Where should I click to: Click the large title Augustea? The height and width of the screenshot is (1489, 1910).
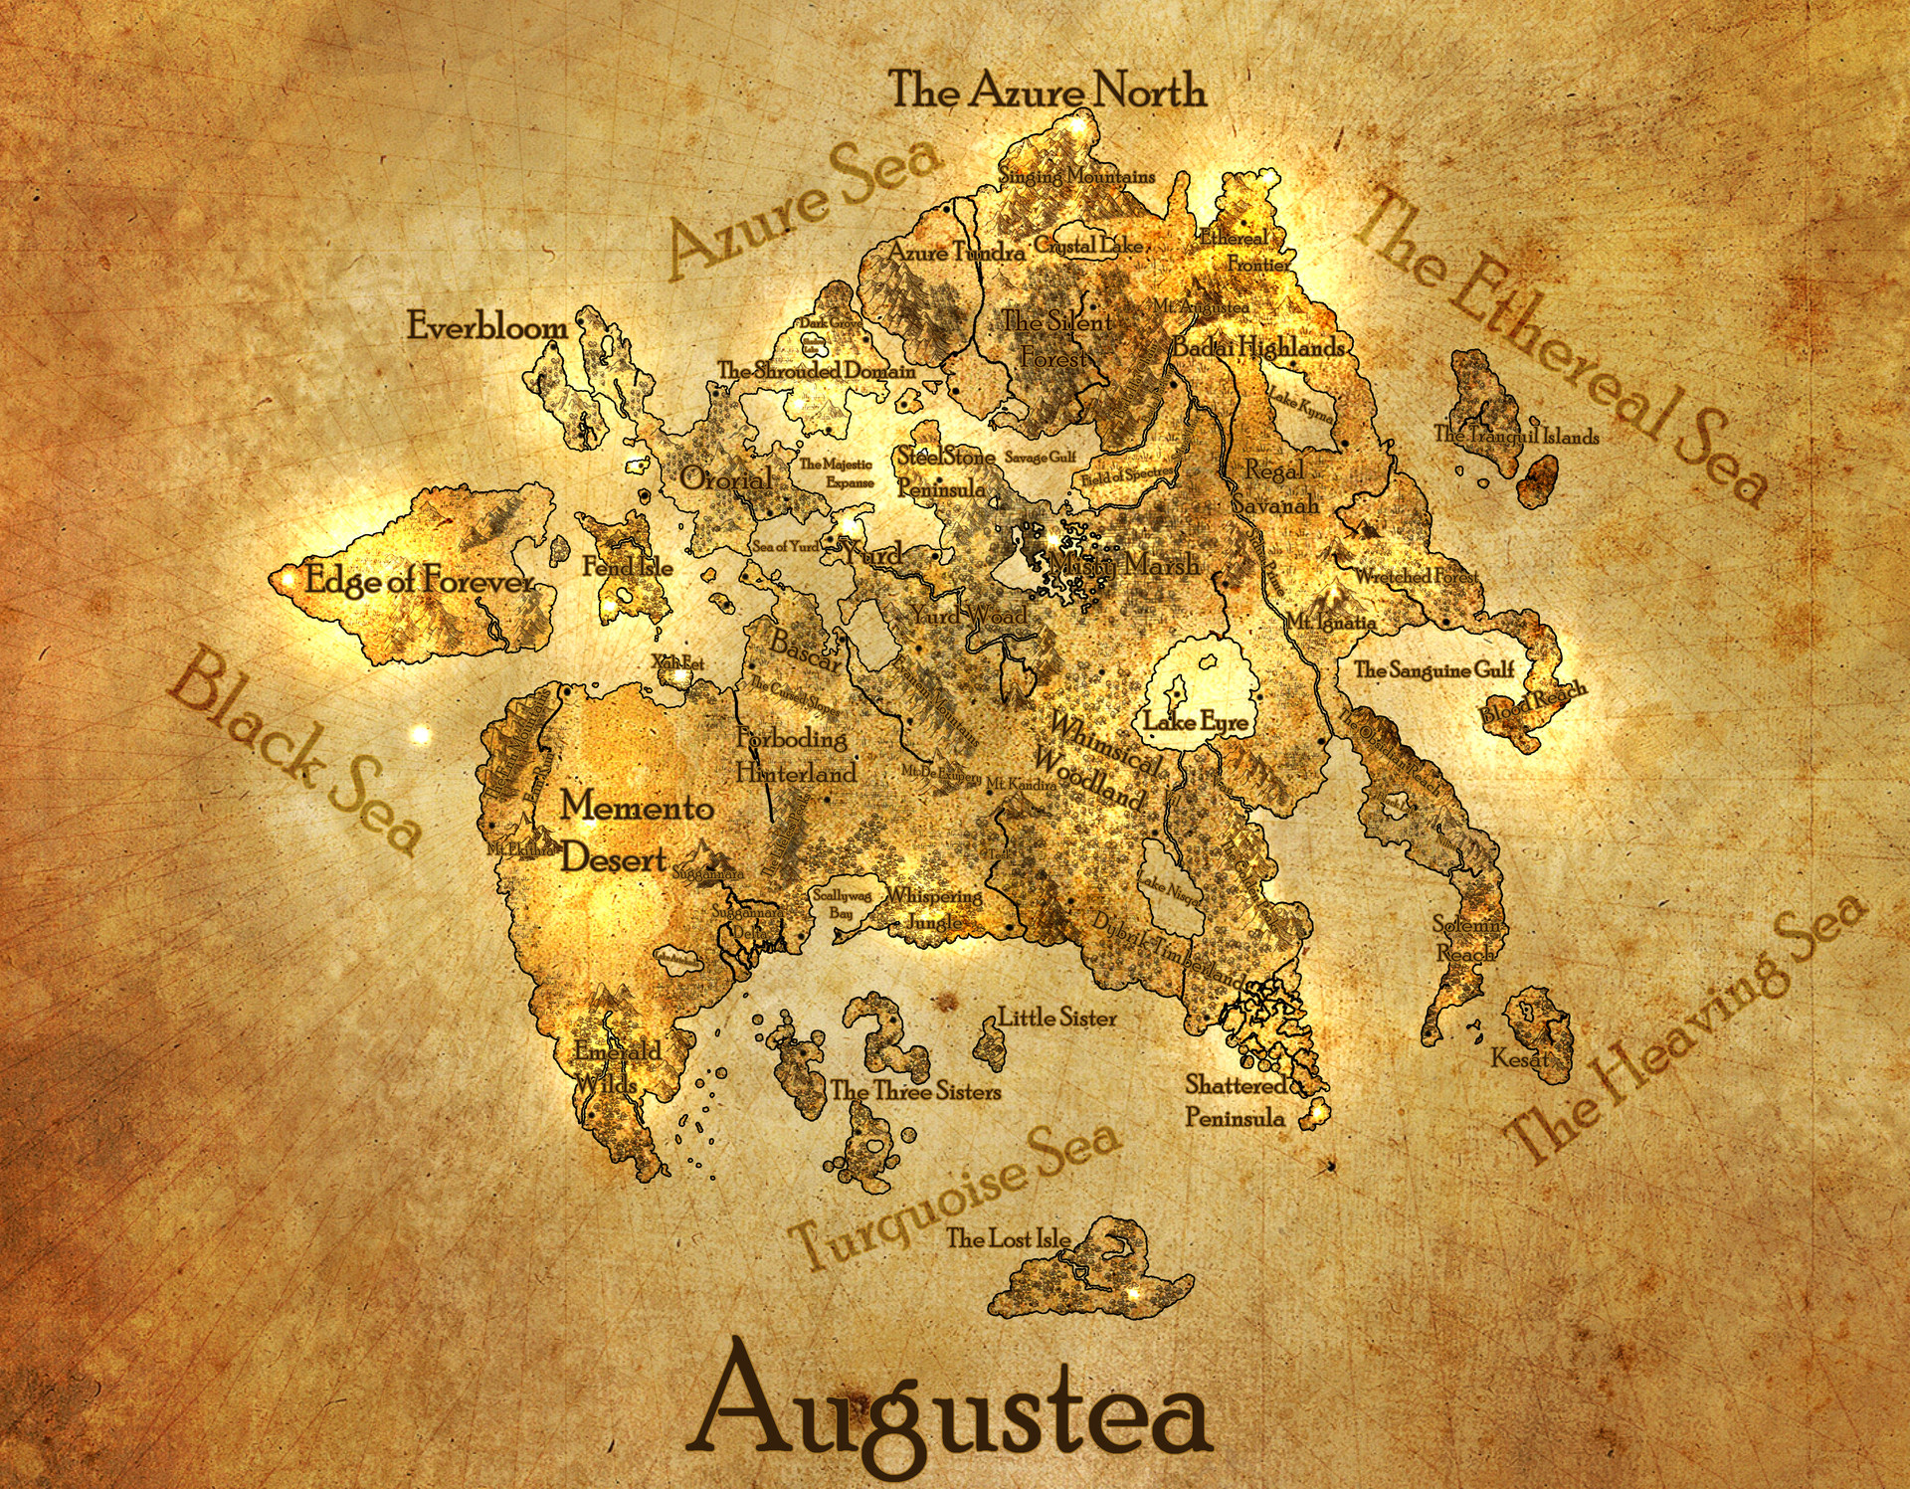pos(950,1412)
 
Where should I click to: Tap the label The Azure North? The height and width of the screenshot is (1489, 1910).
pos(1047,91)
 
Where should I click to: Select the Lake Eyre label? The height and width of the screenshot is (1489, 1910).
pos(1196,721)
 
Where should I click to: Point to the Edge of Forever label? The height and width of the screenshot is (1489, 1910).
pos(419,580)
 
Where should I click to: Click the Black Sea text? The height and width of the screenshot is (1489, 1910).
pos(293,751)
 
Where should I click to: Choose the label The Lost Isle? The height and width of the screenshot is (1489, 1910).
pos(1007,1238)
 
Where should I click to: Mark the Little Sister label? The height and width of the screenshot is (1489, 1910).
pos(1056,1018)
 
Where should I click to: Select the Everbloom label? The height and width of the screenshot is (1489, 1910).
pos(487,326)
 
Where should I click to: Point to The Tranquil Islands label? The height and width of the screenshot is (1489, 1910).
pos(1516,435)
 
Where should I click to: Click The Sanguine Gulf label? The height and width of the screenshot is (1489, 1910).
pos(1433,669)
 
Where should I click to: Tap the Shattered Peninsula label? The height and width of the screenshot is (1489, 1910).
pos(1235,1101)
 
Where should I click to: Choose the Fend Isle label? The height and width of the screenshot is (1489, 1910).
pos(628,567)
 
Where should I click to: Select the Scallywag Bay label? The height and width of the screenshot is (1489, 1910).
pos(842,903)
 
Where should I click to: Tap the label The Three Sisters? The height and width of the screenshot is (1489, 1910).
pos(915,1091)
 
